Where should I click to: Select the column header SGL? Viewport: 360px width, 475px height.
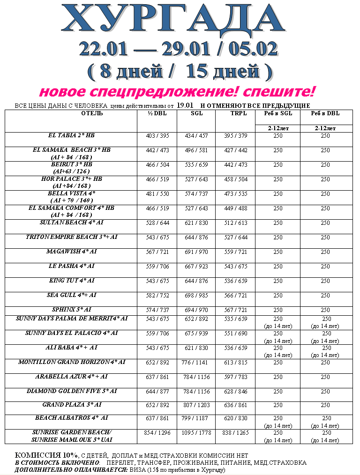196,113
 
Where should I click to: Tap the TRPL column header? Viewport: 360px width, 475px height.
235,113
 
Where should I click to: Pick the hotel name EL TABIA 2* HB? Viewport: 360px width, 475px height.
71,135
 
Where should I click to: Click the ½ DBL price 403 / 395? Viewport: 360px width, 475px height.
157,136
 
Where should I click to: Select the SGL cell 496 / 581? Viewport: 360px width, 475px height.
196,150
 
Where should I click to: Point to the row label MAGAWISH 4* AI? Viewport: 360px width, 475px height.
71,252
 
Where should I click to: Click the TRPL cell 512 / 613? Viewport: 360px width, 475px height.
235,223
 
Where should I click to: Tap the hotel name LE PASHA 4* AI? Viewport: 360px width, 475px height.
71,266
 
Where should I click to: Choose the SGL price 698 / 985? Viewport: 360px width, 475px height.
196,296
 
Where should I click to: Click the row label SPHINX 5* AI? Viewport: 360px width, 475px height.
71,310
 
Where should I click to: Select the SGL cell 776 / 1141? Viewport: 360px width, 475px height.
196,362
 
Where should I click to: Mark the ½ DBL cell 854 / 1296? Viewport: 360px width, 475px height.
157,433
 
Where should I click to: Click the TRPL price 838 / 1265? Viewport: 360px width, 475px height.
235,433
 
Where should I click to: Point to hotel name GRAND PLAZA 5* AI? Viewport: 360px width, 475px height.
71,404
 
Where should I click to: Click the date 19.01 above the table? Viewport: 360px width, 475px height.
186,105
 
